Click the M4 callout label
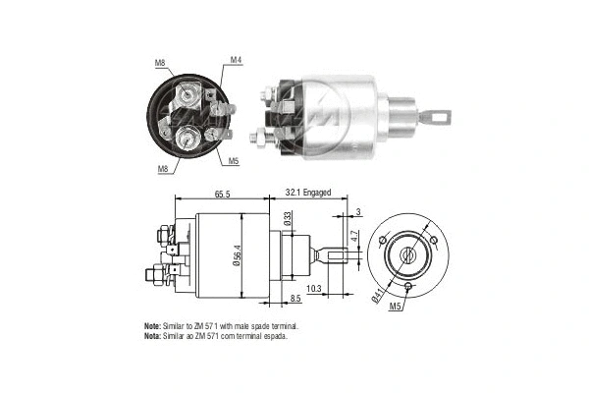[236, 61]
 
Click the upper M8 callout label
[160, 64]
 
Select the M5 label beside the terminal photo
[235, 160]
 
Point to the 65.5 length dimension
[222, 196]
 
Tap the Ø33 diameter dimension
[288, 221]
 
